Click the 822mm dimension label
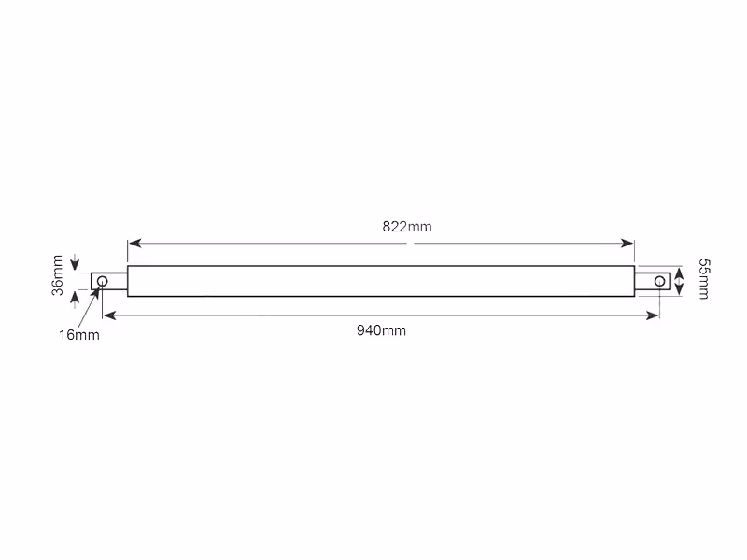pyautogui.click(x=407, y=227)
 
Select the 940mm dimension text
pyautogui.click(x=381, y=330)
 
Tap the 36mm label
pyautogui.click(x=57, y=275)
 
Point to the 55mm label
pyautogui.click(x=704, y=279)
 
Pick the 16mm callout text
pyautogui.click(x=79, y=335)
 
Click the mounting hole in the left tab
pyautogui.click(x=103, y=282)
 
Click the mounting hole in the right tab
pyautogui.click(x=659, y=282)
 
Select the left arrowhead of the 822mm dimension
pyautogui.click(x=134, y=244)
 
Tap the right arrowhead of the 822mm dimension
pyautogui.click(x=627, y=244)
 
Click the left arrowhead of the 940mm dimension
pyautogui.click(x=109, y=315)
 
